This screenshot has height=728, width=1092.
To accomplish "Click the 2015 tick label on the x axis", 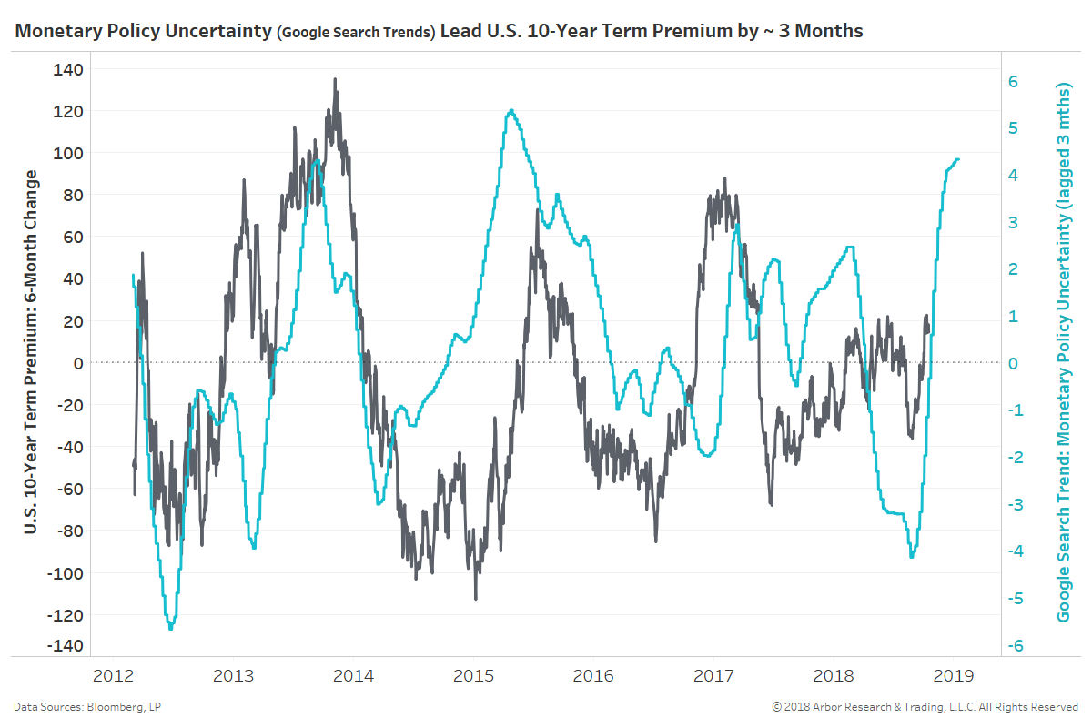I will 473,676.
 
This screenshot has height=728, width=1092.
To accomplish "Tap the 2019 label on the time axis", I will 954,676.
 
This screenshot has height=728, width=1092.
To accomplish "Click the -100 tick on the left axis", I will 66,573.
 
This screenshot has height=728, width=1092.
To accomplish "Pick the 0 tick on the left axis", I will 79,363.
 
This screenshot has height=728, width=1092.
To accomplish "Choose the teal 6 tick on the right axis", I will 1012,81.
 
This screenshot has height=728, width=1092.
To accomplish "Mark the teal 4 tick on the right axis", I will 1012,176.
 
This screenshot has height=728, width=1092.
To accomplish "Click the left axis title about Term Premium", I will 31,351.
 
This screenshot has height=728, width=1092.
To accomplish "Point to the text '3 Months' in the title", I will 824,32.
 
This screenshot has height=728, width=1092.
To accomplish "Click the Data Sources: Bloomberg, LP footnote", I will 87,707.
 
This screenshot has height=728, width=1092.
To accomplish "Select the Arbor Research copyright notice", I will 925,707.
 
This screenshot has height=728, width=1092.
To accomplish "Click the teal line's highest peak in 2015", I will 511,110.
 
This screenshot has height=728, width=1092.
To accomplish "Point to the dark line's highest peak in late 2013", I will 335,79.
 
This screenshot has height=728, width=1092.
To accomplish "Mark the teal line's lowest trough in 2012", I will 170,628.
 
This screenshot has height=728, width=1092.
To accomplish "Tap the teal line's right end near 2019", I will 957,159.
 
